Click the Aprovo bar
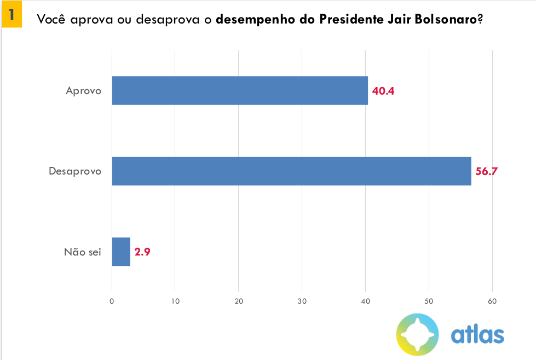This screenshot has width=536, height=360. point(240,90)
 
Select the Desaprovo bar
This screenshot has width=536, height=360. point(291,171)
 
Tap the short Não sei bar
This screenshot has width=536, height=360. point(121,252)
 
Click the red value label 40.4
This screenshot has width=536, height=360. point(383,91)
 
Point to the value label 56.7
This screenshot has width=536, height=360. point(487,171)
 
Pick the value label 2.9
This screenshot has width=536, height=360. point(142,252)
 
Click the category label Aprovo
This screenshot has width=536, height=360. point(83,91)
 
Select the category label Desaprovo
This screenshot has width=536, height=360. point(75,171)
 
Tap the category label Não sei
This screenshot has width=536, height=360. point(83,252)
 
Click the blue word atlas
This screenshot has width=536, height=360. point(477,334)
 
